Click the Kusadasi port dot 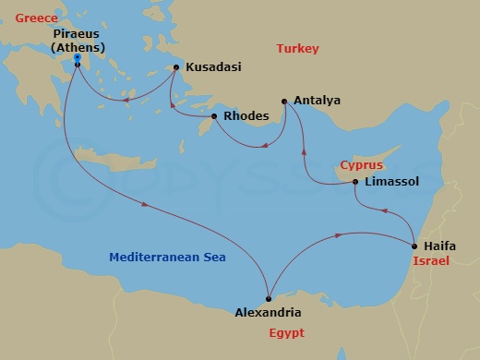click(x=176, y=67)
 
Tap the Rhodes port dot click(x=214, y=116)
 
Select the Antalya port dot click(x=284, y=100)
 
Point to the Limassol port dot click(x=356, y=182)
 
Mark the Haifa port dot click(x=414, y=246)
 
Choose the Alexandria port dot click(x=268, y=297)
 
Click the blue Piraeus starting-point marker click(x=77, y=58)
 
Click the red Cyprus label click(x=362, y=164)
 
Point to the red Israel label click(x=430, y=262)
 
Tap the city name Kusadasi click(x=214, y=67)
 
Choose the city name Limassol click(x=392, y=183)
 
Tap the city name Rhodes click(x=246, y=116)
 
